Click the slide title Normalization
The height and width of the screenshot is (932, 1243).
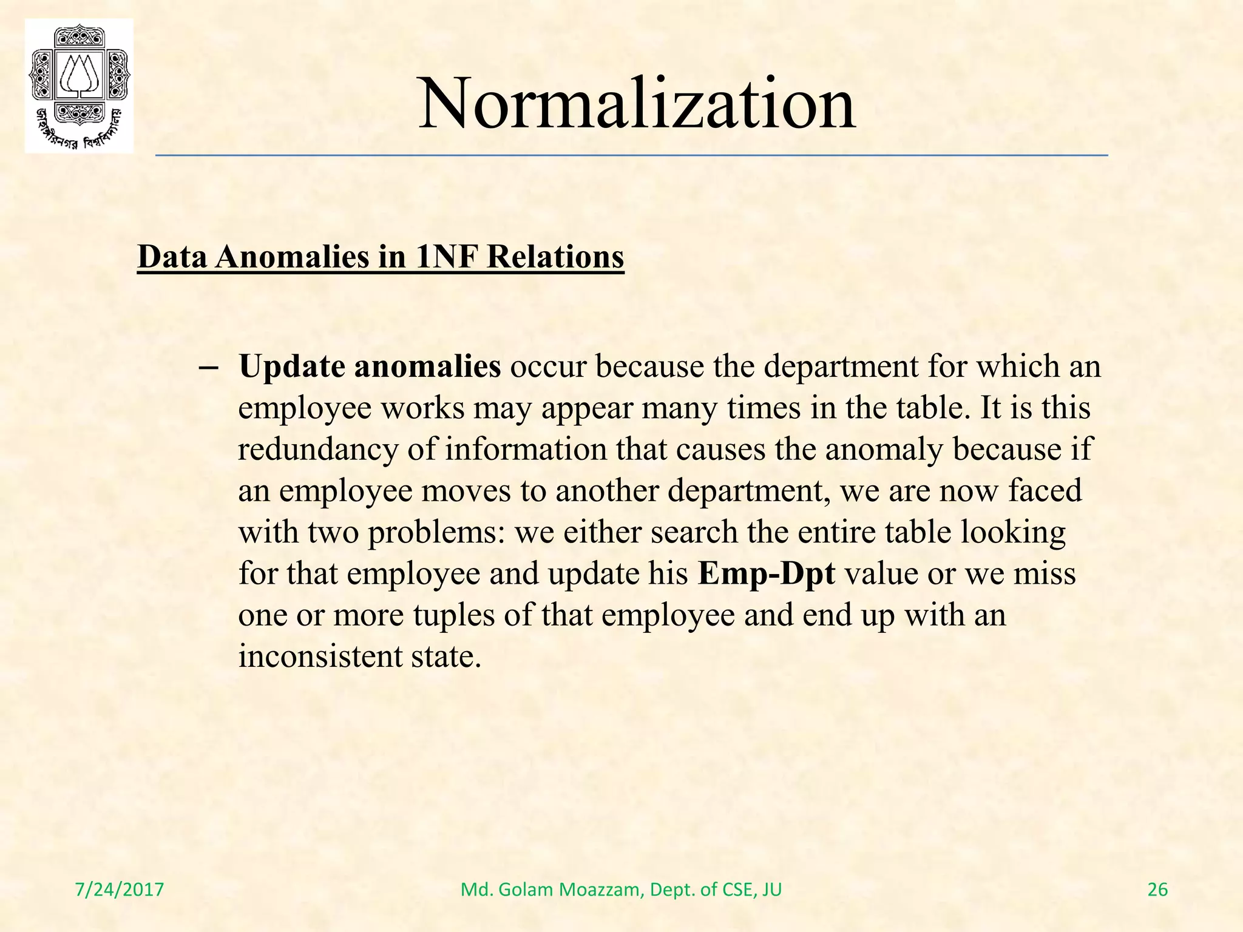(637, 104)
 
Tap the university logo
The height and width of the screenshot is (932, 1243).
(79, 86)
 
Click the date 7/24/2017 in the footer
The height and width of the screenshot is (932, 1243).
(120, 890)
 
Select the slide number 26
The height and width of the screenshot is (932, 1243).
(1157, 890)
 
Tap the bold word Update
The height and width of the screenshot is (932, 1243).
(292, 366)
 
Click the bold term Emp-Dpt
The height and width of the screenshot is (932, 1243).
(767, 573)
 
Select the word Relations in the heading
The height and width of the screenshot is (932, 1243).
(555, 257)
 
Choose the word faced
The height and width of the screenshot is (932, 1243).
(1045, 490)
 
